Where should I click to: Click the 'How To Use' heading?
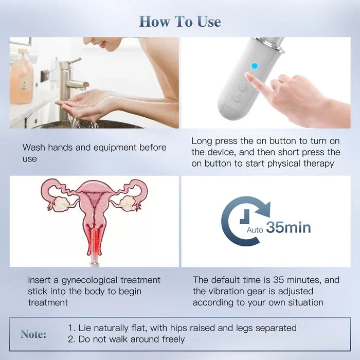click(180, 22)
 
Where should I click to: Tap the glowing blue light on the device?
click(255, 66)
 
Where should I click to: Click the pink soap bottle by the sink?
click(22, 77)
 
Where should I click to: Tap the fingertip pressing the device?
click(247, 76)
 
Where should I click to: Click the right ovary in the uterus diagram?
click(128, 203)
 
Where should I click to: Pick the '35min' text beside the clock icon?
click(289, 227)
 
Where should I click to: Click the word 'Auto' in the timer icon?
click(255, 230)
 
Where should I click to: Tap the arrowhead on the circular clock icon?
click(264, 208)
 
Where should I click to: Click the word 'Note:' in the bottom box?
click(33, 334)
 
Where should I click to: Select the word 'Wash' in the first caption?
click(34, 148)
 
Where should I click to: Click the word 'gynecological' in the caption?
click(89, 281)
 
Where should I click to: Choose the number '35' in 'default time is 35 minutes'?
click(279, 280)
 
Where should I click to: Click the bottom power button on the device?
click(237, 97)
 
